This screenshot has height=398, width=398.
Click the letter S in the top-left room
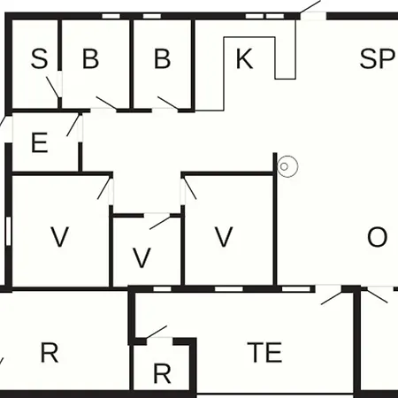click(39, 59)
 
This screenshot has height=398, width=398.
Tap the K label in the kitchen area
click(244, 59)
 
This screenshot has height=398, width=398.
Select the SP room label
click(377, 59)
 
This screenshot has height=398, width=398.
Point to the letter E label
click(40, 142)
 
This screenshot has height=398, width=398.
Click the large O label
click(377, 237)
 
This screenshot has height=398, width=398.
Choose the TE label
click(265, 352)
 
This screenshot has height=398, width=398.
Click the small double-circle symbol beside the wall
click(287, 166)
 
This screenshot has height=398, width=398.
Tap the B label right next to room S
click(90, 59)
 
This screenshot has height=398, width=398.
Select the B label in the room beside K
click(162, 59)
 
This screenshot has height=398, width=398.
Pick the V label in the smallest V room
click(142, 257)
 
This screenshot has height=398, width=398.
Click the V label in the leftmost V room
click(60, 237)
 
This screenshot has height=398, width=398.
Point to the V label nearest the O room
click(224, 237)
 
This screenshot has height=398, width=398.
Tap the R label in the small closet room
click(162, 374)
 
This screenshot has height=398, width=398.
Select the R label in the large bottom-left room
click(50, 353)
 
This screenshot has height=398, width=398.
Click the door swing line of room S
click(52, 88)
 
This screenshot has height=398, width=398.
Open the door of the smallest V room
click(160, 222)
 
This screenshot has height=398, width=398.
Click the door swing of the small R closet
click(157, 332)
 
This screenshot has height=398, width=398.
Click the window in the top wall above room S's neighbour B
click(111, 16)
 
